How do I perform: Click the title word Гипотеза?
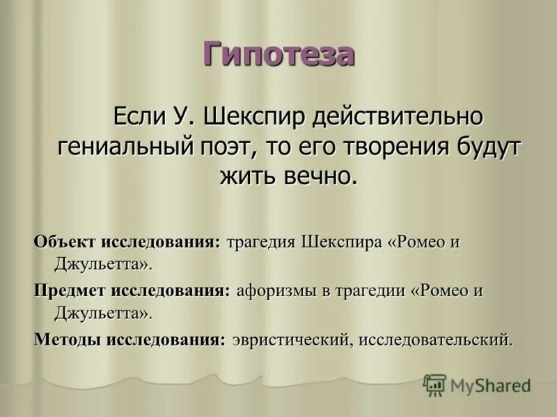278,54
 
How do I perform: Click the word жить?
247,175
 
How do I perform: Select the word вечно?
320,175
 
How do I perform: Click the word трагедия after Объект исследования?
261,243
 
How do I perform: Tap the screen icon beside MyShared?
434,384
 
